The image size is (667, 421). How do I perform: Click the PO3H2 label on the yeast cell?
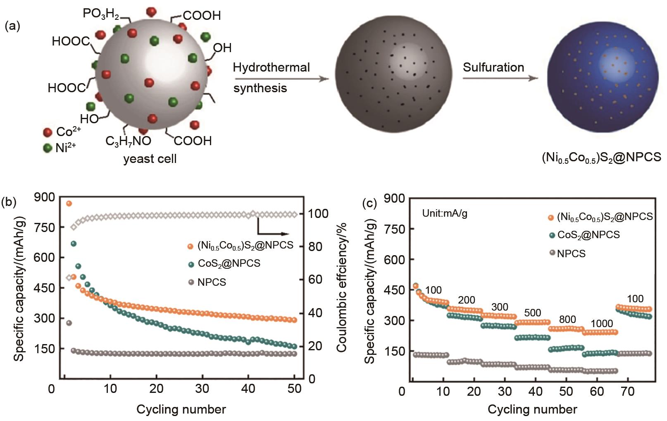click(x=101, y=14)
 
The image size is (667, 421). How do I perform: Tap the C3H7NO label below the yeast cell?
click(x=128, y=141)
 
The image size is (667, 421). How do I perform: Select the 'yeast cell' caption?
click(x=150, y=159)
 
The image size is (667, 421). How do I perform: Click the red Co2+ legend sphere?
click(x=48, y=132)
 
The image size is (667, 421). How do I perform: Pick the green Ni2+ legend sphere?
click(x=48, y=148)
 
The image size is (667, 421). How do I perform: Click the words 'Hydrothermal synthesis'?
click(x=271, y=78)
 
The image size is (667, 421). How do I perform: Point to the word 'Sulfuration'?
click(x=493, y=67)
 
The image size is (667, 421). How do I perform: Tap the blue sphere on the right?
click(x=603, y=77)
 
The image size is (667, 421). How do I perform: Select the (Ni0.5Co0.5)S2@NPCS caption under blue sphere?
click(x=601, y=157)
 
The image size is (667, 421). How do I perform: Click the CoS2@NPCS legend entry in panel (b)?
click(x=229, y=263)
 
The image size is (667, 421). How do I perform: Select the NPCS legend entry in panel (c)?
click(x=571, y=254)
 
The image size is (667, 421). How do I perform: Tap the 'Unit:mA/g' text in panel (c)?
click(x=445, y=213)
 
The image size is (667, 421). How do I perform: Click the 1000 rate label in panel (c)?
click(x=602, y=323)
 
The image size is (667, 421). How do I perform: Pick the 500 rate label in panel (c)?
click(x=532, y=313)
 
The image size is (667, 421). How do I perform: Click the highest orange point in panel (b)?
click(x=69, y=203)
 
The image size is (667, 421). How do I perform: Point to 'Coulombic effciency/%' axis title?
click(x=341, y=287)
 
